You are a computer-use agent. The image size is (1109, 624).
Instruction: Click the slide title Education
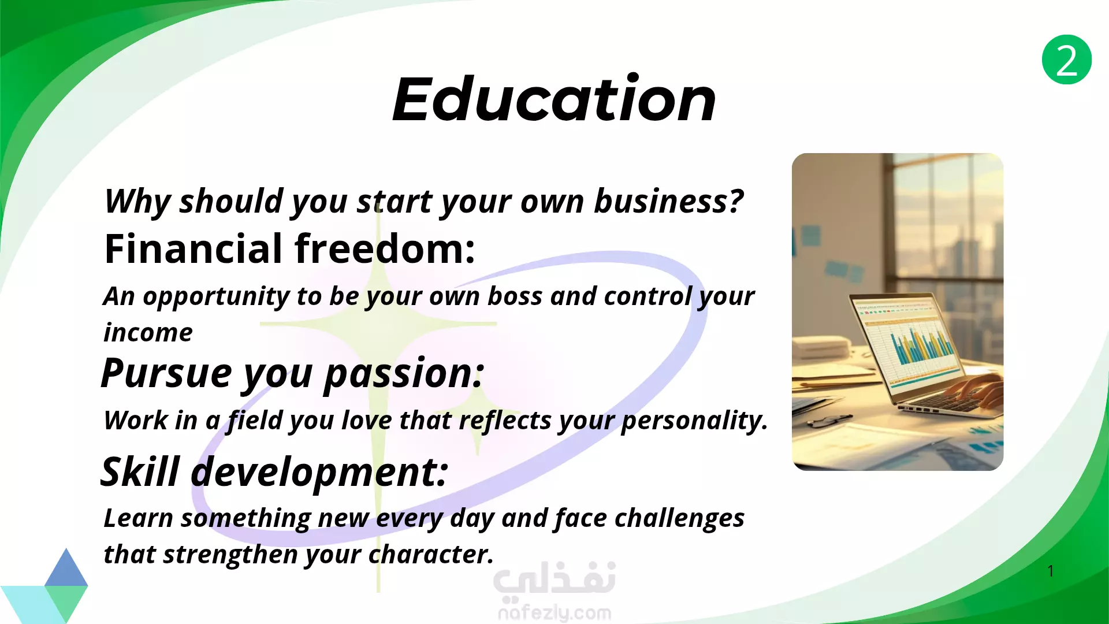(554, 99)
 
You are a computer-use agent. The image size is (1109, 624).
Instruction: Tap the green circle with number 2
(1066, 60)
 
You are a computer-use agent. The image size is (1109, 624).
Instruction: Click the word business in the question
(669, 202)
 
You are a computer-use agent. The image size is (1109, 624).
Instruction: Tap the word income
(148, 333)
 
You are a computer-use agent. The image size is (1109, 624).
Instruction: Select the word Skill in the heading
(140, 471)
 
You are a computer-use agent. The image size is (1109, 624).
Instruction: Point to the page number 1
(1051, 571)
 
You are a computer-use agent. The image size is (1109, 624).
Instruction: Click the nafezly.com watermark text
(554, 613)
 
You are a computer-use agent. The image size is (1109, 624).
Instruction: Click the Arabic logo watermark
(554, 580)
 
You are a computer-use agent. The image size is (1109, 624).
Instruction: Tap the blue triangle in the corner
(66, 569)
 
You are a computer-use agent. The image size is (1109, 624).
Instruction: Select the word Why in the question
(137, 202)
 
